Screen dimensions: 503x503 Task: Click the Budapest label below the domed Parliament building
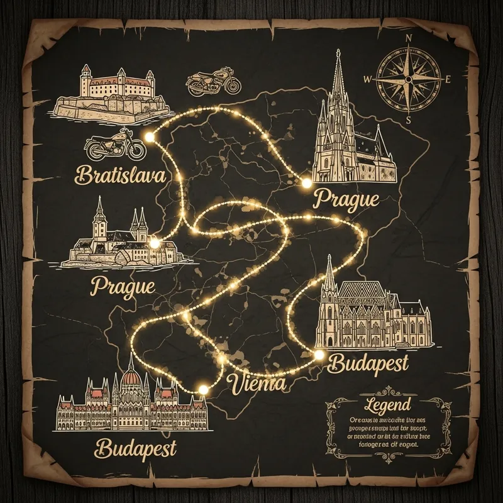pyautogui.click(x=136, y=448)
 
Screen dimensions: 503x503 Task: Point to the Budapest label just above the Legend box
pyautogui.click(x=368, y=363)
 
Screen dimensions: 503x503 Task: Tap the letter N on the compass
pyautogui.click(x=409, y=38)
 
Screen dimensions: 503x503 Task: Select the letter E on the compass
pyautogui.click(x=448, y=80)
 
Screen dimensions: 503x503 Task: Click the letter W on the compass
pyautogui.click(x=368, y=79)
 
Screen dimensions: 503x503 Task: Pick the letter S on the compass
pyautogui.click(x=409, y=120)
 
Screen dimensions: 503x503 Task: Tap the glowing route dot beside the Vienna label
pyautogui.click(x=203, y=390)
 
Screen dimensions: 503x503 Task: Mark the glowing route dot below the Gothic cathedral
pyautogui.click(x=307, y=184)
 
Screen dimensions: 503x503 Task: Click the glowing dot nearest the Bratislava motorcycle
pyautogui.click(x=150, y=136)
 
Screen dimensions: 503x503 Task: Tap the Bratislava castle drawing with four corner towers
pyautogui.click(x=113, y=94)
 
